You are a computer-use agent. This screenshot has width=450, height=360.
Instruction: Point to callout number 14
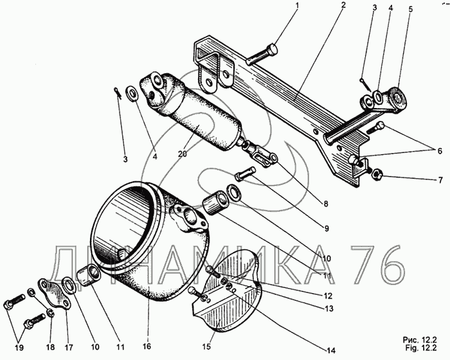(330, 350)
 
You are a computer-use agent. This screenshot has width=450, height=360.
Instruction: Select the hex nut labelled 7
(379, 173)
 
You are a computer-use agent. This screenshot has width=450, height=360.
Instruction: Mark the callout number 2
(343, 5)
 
